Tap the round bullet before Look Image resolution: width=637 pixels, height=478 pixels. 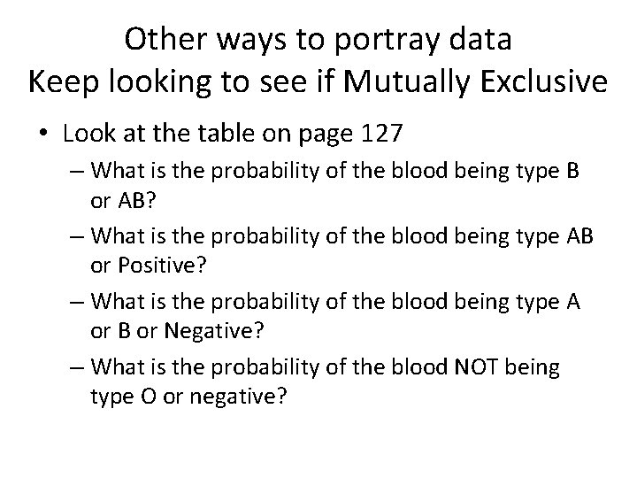pyautogui.click(x=44, y=135)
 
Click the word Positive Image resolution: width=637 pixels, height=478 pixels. pyautogui.click(x=155, y=266)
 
